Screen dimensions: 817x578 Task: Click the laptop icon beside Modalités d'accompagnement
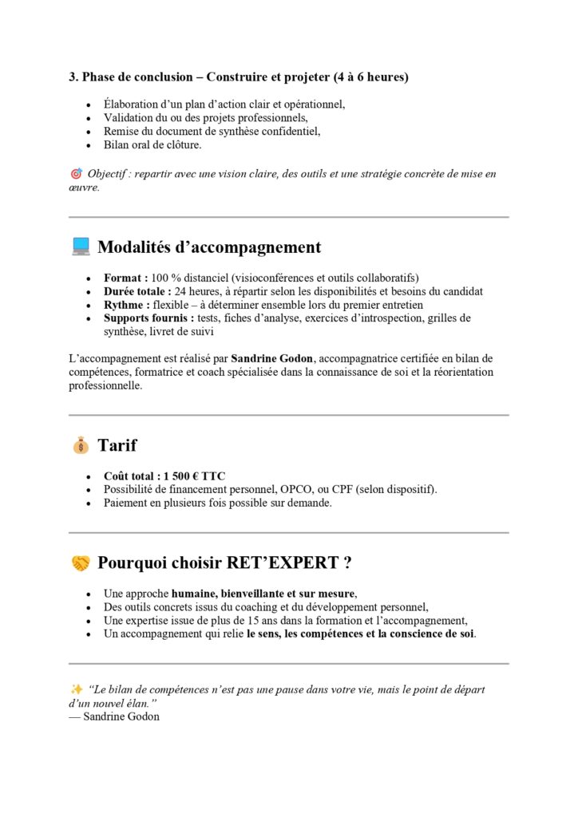click(x=81, y=247)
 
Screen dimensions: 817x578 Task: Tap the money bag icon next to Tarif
click(x=81, y=445)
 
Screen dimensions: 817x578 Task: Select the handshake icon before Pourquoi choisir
click(x=81, y=563)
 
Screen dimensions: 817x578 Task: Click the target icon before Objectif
click(x=77, y=173)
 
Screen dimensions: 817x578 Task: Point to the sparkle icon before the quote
click(x=77, y=689)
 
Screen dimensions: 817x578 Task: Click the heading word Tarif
click(x=117, y=445)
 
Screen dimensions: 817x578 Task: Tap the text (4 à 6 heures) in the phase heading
click(x=370, y=77)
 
